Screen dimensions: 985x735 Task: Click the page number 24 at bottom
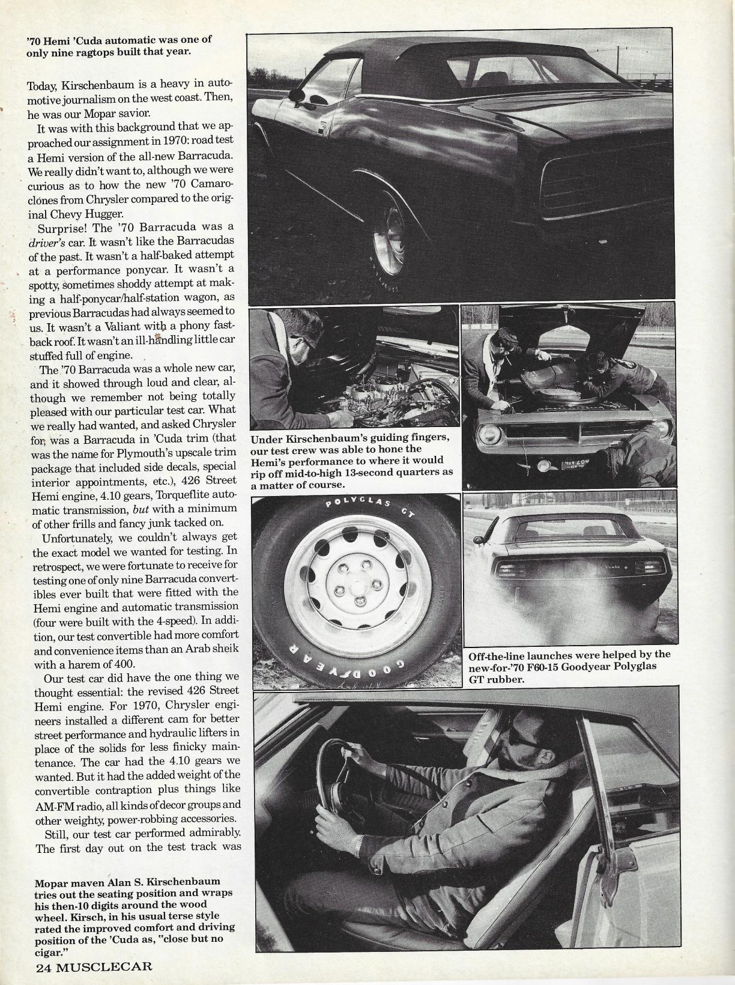tap(44, 967)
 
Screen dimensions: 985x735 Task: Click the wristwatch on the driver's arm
tap(358, 846)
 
